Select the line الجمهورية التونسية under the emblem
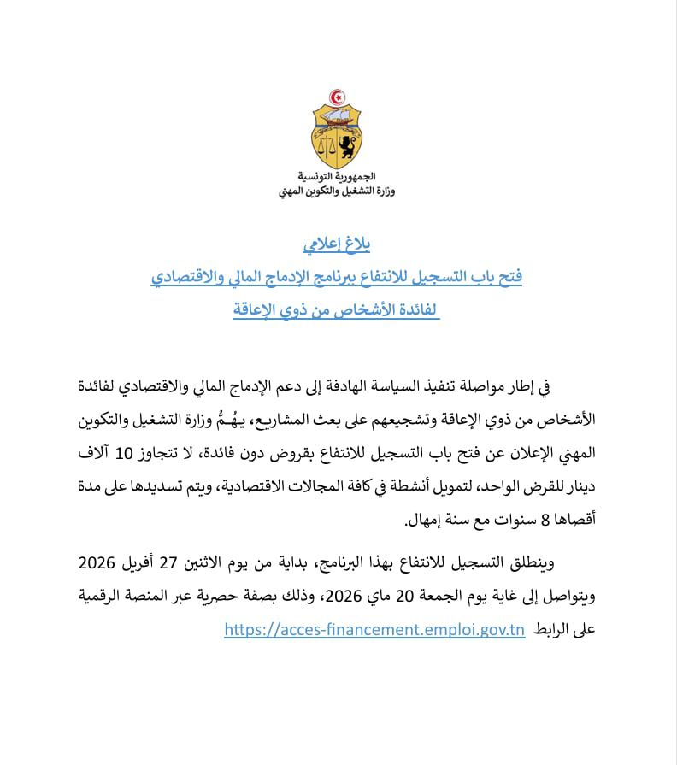click(x=341, y=178)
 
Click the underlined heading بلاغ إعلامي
click(x=338, y=246)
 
